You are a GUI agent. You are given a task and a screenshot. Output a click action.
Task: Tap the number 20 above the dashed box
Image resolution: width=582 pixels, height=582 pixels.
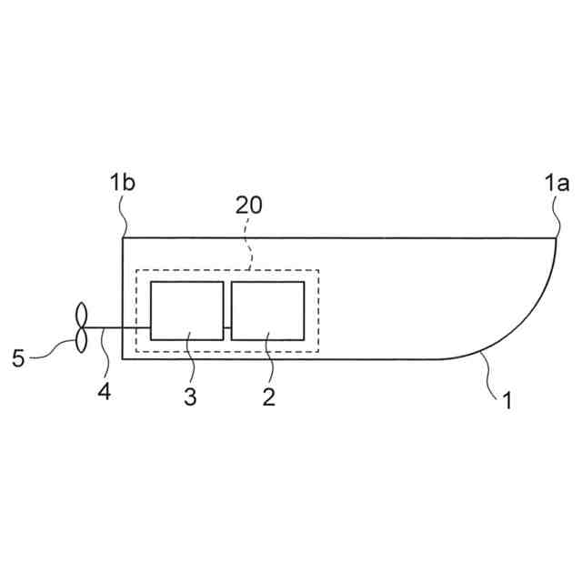click(x=248, y=205)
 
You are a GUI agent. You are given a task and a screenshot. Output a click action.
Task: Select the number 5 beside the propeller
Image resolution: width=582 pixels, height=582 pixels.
click(x=18, y=357)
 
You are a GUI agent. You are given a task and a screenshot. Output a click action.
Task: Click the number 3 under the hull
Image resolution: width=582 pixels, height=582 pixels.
click(x=190, y=396)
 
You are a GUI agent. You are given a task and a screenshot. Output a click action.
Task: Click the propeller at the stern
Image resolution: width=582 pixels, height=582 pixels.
click(x=80, y=327)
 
